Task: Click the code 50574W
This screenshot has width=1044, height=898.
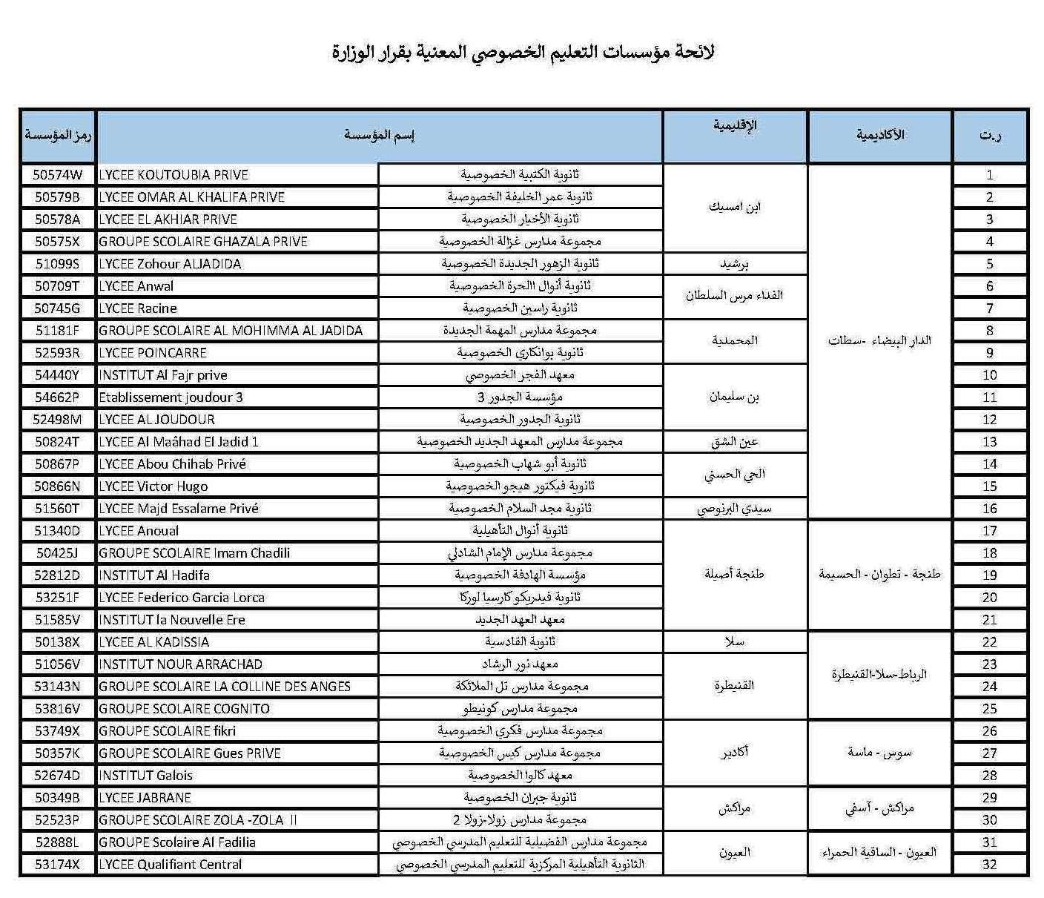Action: point(58,175)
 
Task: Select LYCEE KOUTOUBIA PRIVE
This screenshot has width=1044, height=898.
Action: point(174,175)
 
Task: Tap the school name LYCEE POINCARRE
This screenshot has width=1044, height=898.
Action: point(153,353)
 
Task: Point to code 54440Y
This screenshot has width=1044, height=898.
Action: point(58,375)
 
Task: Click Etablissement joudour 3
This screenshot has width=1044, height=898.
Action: point(171,397)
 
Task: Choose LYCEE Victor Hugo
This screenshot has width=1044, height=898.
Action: point(153,486)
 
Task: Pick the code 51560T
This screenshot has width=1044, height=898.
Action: point(58,509)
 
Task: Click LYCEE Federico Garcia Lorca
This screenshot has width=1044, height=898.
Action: point(182,598)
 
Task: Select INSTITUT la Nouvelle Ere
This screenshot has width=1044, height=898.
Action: point(172,620)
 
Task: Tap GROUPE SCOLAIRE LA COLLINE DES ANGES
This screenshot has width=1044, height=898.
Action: point(225,687)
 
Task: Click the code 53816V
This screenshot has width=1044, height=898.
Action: point(58,709)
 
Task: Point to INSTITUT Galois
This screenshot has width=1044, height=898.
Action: point(146,776)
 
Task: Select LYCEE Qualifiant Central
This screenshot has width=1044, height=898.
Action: point(171,865)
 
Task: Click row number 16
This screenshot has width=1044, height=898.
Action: point(990,509)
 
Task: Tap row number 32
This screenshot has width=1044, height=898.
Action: point(990,865)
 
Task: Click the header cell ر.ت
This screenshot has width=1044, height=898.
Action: point(990,136)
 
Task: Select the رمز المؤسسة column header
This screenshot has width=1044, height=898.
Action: point(58,136)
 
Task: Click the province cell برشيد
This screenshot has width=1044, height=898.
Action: point(734,264)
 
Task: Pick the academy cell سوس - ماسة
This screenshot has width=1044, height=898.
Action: point(879,753)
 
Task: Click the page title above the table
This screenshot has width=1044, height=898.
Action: point(523,53)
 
